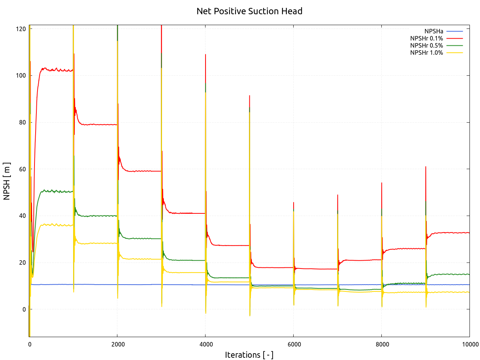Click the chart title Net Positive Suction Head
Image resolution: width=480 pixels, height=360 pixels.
coord(249,11)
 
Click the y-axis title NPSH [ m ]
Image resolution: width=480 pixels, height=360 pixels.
coord(7,181)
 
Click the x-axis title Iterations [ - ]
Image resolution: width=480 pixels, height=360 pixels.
coord(249,355)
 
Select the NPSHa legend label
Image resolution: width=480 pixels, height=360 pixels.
coord(433,31)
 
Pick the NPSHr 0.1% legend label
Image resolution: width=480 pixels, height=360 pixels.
coord(426,38)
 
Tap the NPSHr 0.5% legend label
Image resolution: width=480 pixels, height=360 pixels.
coord(426,45)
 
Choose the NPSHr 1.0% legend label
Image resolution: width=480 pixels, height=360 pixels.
coord(426,52)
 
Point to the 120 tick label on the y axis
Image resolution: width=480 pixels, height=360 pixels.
coord(21,29)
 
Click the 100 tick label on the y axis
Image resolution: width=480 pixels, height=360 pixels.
coord(21,75)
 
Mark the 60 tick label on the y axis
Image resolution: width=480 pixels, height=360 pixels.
coord(23,169)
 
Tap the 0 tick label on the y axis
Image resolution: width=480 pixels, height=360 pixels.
coord(24,309)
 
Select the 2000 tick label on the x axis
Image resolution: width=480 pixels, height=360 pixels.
coord(118,344)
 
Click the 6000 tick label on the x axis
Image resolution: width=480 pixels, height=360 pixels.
coord(294,344)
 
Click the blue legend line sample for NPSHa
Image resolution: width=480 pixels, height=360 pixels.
coord(454,31)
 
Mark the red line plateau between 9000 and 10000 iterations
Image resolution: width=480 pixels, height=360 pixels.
coord(450,232)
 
